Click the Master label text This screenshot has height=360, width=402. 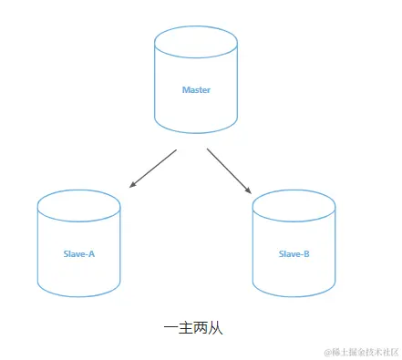pos(196,90)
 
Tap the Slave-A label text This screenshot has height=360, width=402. pos(78,253)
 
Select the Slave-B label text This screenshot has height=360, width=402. pos(294,253)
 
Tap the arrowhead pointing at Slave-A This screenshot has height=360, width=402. pos(133,185)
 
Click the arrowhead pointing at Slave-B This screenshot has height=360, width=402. pos(249,190)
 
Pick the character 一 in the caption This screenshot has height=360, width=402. pos(170,328)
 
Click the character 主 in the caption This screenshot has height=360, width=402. pos(185,328)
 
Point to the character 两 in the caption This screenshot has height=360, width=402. pos(201,328)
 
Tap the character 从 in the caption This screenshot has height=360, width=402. pos(215,328)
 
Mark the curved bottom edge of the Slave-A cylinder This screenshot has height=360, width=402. pos(79,296)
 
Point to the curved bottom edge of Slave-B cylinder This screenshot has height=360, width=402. pos(294,296)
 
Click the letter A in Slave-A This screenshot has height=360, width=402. pos(91,253)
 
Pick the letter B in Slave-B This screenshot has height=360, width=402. pos(306,253)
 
